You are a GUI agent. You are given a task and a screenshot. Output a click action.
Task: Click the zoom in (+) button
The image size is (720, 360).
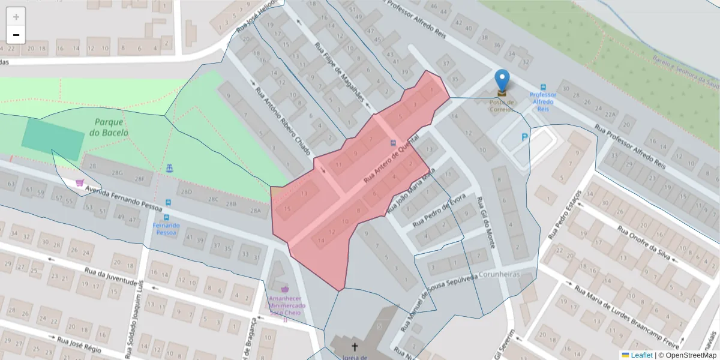coord(16,17)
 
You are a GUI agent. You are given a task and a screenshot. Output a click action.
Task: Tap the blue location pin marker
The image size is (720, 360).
coord(502,81)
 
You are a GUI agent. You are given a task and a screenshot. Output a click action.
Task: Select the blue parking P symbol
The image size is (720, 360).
coord(525,137)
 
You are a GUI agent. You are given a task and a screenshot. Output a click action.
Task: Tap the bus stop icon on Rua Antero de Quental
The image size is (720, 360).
coord(394,143)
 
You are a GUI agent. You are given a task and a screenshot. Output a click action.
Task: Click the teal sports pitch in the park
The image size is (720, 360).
coord(53,139)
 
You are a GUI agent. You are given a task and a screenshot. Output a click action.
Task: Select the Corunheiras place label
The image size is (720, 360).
coord(499,274)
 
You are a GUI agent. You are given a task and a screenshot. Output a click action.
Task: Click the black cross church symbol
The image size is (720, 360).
coord(355,347)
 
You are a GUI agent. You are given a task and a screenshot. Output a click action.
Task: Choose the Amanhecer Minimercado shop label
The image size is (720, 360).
coord(286,305)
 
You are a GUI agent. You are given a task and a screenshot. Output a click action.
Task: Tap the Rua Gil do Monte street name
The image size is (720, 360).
coord(486,223)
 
